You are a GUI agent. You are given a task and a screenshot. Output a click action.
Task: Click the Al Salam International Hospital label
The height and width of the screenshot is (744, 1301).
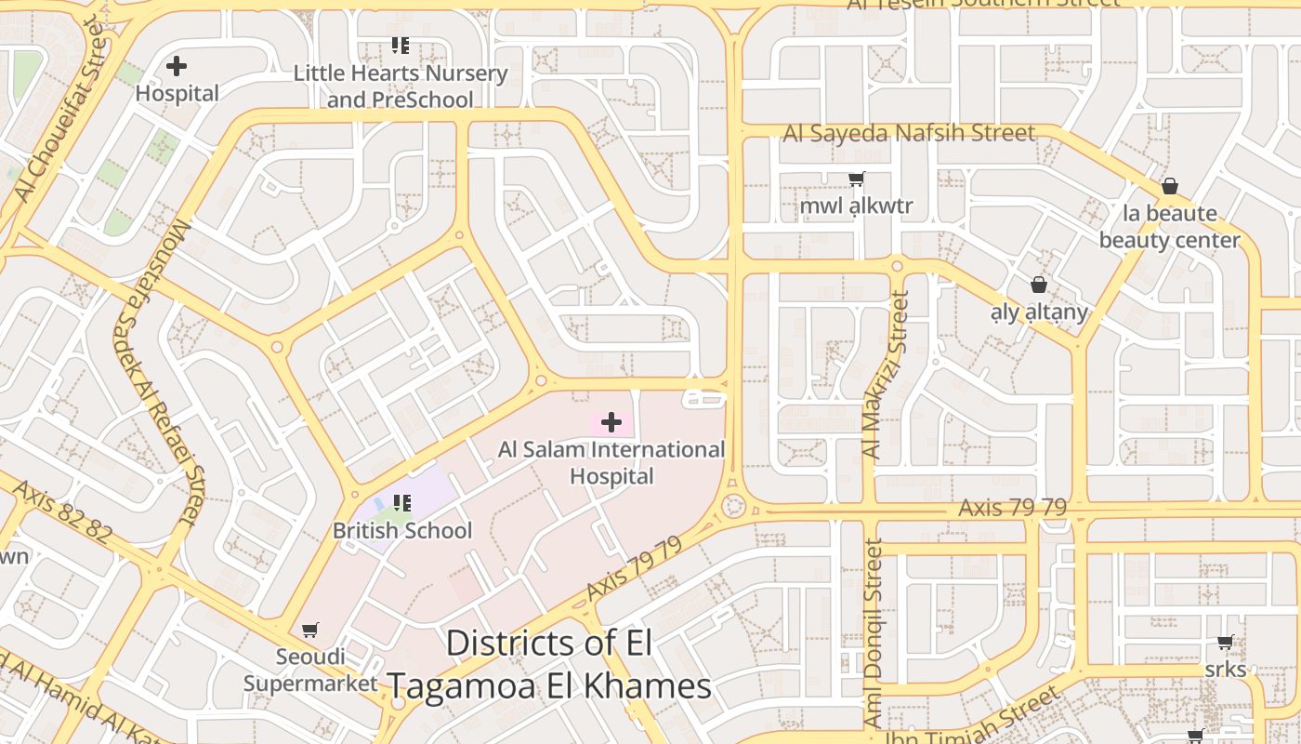(x=611, y=462)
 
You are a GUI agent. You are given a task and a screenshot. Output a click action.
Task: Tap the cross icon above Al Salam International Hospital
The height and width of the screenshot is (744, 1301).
(x=611, y=423)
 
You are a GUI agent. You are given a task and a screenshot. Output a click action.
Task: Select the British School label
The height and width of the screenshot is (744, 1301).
(x=402, y=531)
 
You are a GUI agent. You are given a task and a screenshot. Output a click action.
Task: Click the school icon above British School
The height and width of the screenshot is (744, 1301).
(x=401, y=503)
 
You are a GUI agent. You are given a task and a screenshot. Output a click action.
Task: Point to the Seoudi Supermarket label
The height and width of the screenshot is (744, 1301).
(x=310, y=670)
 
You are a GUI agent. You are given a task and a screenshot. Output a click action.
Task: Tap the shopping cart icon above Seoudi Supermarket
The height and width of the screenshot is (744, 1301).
(x=310, y=630)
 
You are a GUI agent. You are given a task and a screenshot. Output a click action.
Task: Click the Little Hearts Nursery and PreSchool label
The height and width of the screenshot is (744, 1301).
(x=401, y=86)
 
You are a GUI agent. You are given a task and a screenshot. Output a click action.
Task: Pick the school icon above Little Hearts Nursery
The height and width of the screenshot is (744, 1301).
(x=401, y=45)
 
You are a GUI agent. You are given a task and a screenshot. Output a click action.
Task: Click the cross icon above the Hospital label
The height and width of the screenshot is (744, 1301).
(x=177, y=66)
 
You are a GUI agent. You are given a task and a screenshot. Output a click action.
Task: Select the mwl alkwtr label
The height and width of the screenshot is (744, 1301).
(x=856, y=206)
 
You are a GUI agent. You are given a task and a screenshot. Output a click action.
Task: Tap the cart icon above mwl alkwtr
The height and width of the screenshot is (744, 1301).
(x=856, y=179)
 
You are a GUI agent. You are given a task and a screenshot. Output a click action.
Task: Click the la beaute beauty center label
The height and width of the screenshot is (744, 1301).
(x=1169, y=226)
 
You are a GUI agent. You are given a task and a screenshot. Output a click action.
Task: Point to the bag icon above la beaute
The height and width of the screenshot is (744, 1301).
(x=1170, y=186)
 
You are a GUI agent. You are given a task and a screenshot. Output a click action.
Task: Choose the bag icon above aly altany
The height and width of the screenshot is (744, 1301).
(x=1038, y=285)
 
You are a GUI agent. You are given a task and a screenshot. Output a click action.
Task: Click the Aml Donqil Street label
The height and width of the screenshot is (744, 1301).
(x=873, y=632)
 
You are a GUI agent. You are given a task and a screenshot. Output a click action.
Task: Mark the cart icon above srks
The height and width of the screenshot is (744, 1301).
(x=1225, y=643)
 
